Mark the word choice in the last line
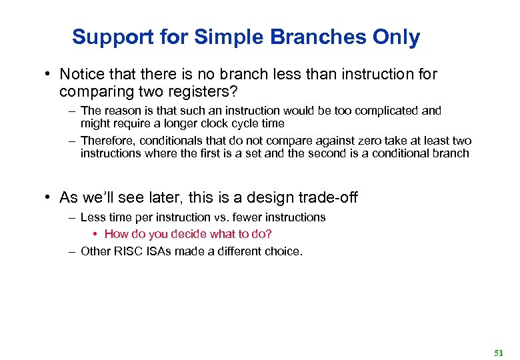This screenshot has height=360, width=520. (285, 251)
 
